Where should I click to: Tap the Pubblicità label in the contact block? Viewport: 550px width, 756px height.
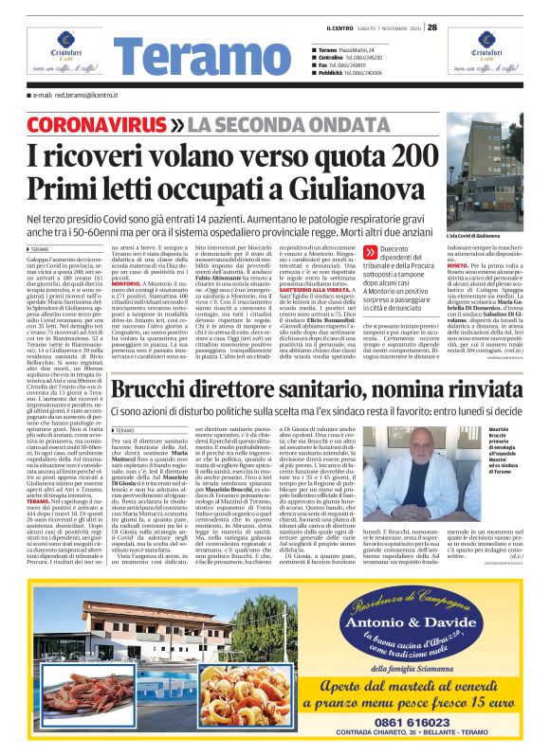click(331, 72)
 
